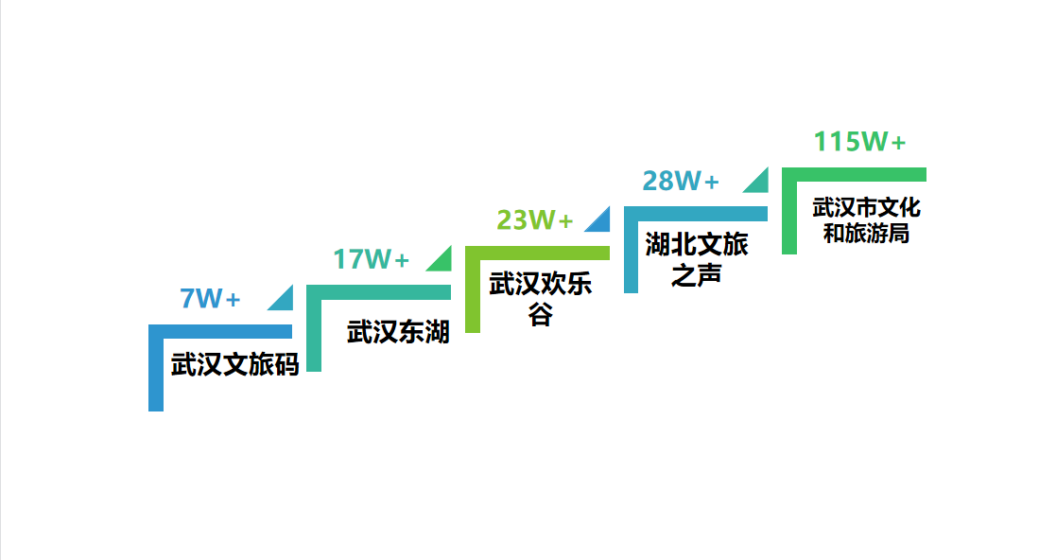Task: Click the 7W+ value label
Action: point(210,299)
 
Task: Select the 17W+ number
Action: point(371,259)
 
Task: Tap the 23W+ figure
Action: point(535,220)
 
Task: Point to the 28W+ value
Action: point(681,181)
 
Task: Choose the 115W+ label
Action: point(859,142)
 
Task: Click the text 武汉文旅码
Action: point(234,365)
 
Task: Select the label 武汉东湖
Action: point(398,332)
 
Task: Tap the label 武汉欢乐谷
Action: point(540,286)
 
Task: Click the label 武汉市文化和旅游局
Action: point(866,219)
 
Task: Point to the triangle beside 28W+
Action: point(758,182)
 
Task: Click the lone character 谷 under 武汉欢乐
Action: point(540,314)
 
